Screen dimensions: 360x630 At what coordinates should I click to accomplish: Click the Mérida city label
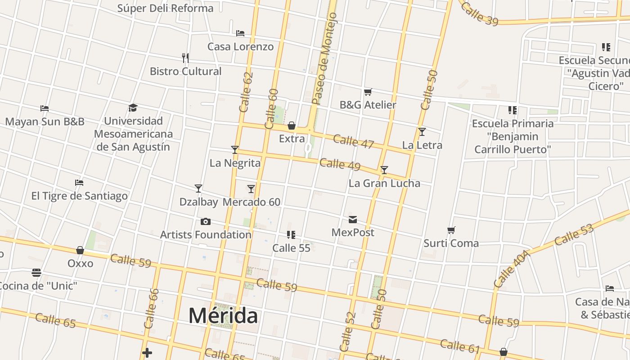pos(223,315)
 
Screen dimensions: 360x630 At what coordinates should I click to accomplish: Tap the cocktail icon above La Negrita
pos(234,149)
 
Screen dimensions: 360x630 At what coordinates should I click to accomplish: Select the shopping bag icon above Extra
pos(292,125)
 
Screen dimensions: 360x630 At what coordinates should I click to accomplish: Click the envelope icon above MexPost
pos(353,219)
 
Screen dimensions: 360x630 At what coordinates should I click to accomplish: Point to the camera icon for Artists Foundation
pos(206,221)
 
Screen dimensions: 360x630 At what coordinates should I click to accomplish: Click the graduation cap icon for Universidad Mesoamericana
pos(133,108)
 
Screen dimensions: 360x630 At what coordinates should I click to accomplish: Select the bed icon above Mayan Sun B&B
pos(45,108)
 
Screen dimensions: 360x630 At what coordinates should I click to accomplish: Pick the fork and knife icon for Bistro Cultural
pos(185,58)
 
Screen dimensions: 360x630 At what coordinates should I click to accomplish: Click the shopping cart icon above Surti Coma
pos(451,230)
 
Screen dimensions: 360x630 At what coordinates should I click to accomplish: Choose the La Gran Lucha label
pos(384,183)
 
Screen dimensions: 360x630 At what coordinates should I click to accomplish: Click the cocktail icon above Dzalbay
pos(198,188)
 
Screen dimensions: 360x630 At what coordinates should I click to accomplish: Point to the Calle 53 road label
pos(574,235)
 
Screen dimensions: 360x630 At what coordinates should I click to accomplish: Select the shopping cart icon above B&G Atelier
pos(368,92)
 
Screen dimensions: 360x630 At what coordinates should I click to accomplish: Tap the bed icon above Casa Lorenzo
pos(240,33)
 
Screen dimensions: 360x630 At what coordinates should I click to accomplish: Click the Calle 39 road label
pos(479,13)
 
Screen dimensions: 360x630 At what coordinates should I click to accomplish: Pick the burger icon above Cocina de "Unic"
pos(36,273)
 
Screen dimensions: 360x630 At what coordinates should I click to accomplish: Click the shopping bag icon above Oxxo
pos(80,250)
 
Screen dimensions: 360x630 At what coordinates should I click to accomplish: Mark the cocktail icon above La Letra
pos(422,132)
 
